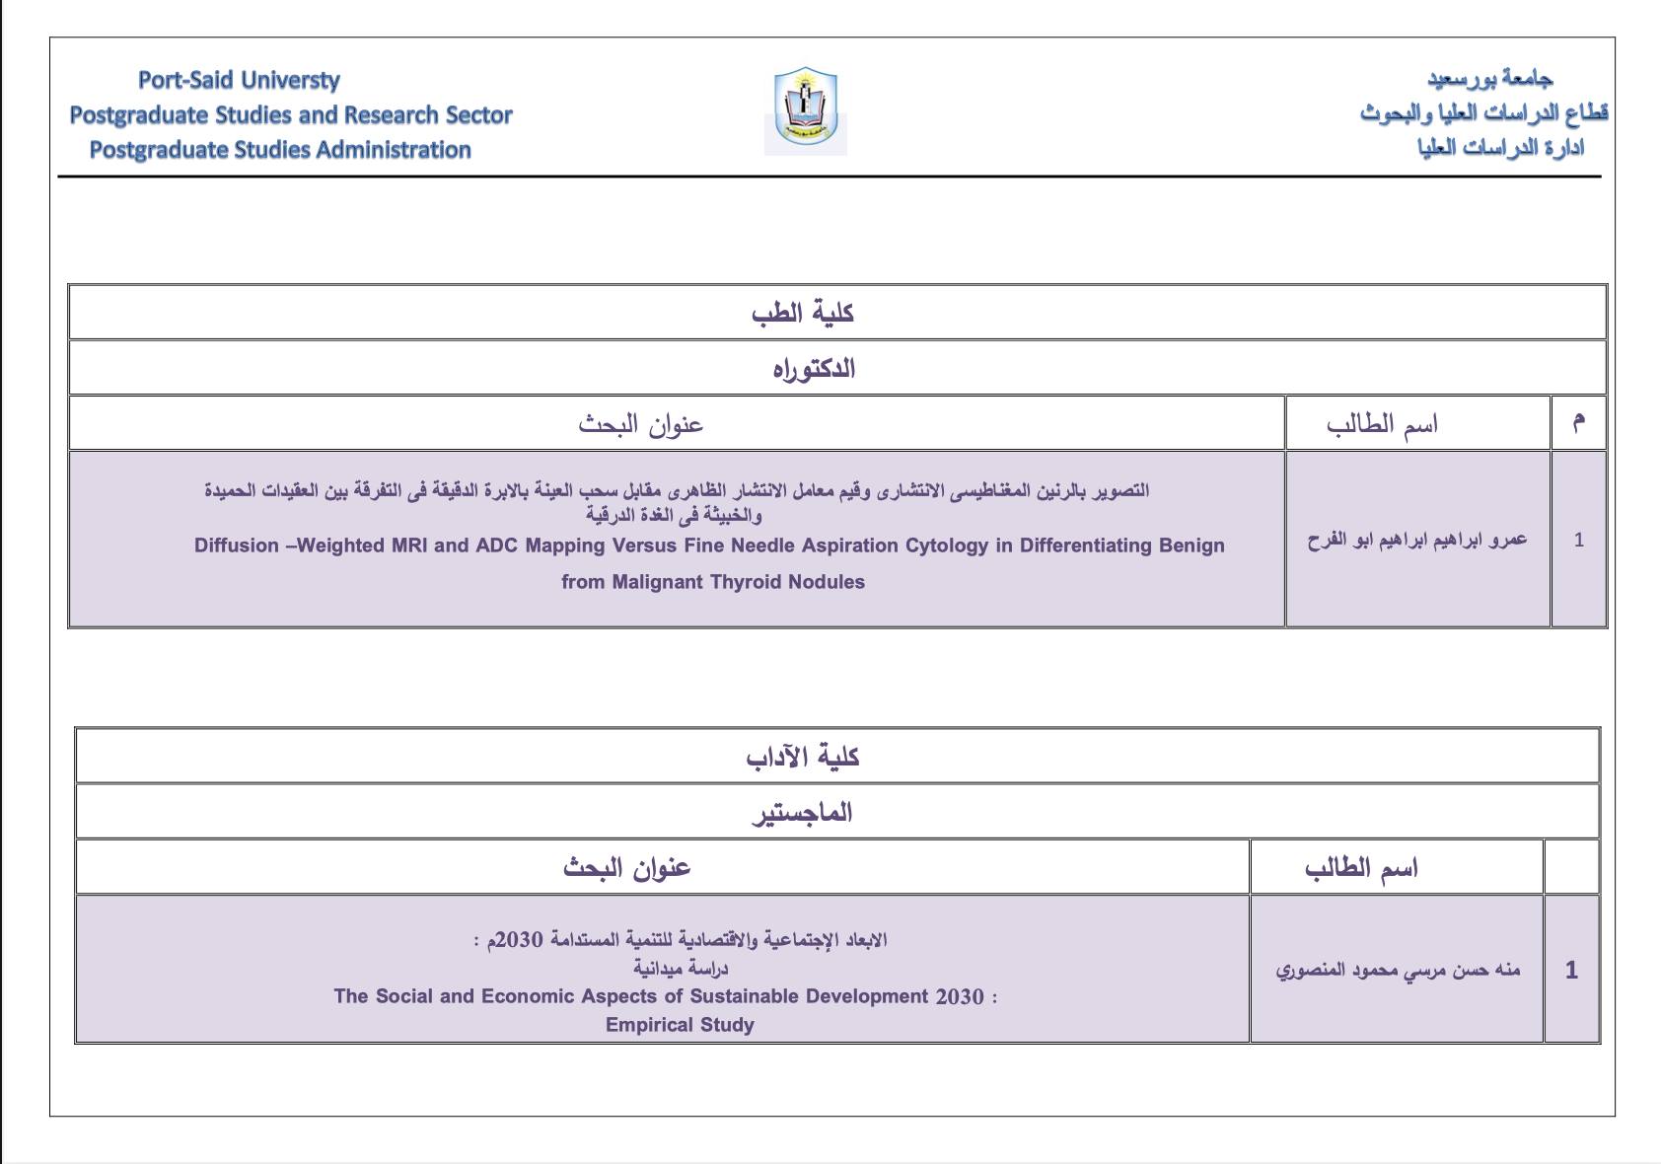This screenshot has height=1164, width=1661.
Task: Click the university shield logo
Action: click(805, 109)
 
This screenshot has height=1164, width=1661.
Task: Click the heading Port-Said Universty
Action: click(239, 80)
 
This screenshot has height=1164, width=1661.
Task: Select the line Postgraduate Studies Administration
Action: click(280, 150)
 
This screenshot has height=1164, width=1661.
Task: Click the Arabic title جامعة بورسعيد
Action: click(1489, 79)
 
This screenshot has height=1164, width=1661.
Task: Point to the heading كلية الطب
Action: click(802, 314)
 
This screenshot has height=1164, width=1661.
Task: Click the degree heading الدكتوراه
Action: click(813, 370)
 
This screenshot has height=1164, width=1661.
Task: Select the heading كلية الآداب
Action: click(802, 758)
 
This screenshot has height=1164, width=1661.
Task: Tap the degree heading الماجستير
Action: click(802, 814)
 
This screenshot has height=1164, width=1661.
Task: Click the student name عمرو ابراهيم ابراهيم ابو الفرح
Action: click(1416, 540)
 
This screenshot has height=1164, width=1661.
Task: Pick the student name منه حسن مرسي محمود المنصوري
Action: click(1398, 970)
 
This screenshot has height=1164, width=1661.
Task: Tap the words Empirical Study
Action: click(680, 1025)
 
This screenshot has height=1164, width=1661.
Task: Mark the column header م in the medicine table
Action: click(1578, 423)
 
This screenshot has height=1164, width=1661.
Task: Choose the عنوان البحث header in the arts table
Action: click(627, 868)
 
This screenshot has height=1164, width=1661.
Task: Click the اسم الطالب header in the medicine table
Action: click(1382, 424)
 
